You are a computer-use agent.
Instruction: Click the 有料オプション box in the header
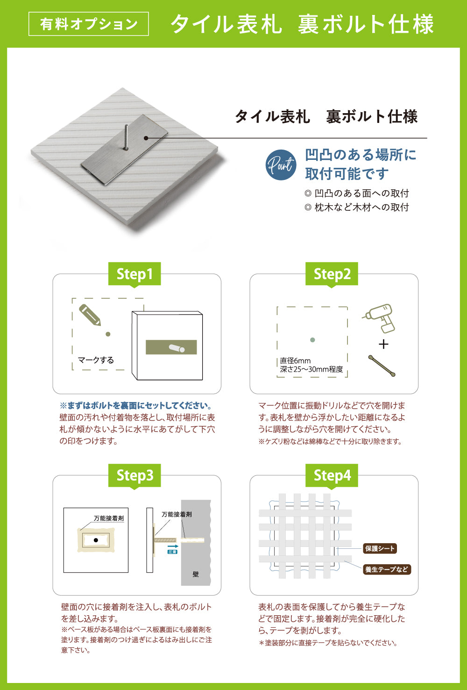[x=89, y=24]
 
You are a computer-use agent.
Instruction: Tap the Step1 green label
[x=134, y=274]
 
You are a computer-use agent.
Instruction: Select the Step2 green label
[x=332, y=274]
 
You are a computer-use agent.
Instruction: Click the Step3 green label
[x=134, y=475]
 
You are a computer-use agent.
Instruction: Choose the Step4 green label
[x=332, y=475]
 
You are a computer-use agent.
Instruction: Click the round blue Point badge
[x=281, y=165]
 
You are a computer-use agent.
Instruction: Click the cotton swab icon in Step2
[x=382, y=366]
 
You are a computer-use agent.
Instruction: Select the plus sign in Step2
[x=383, y=345]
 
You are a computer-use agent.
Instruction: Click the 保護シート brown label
[x=380, y=548]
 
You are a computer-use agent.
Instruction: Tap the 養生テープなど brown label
[x=387, y=569]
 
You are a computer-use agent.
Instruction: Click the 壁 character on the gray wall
[x=196, y=574]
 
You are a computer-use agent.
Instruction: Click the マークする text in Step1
[x=96, y=360]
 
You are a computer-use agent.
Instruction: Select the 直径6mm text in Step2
[x=295, y=360]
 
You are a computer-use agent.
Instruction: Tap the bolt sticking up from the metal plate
[x=126, y=137]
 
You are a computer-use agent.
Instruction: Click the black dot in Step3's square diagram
[x=96, y=540]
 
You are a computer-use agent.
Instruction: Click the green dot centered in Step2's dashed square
[x=312, y=340]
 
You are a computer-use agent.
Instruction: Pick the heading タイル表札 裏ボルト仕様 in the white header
[x=326, y=116]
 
